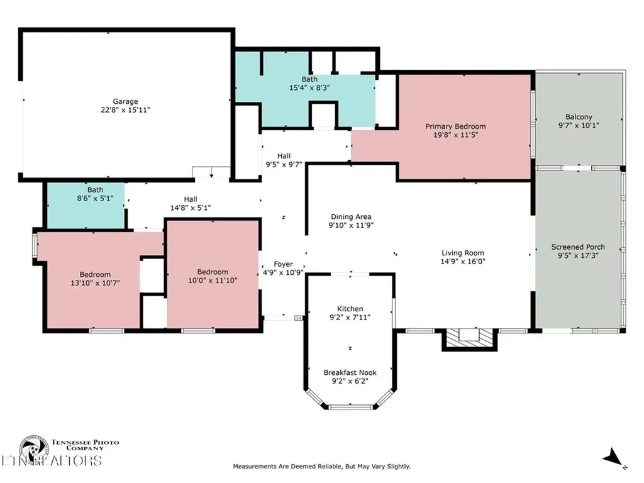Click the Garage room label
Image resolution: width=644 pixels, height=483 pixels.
125,101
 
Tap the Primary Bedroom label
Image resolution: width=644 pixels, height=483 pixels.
455,126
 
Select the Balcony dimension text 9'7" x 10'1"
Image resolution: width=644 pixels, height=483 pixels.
579,125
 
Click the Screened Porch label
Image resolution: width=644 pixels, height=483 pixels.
578,247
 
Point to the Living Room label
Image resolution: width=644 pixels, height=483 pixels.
462,253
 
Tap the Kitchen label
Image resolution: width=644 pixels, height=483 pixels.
350,309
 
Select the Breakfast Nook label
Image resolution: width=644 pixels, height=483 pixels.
350,372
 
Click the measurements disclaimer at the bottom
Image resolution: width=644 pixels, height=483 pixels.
321,467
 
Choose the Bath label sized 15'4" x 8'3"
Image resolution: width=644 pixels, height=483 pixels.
309,79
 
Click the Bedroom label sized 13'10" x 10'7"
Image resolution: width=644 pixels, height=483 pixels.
95,274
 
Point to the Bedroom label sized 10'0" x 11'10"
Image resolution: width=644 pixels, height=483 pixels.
213,272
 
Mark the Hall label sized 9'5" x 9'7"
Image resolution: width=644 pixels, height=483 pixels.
284,156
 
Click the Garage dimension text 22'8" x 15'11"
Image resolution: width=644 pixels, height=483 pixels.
125,109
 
